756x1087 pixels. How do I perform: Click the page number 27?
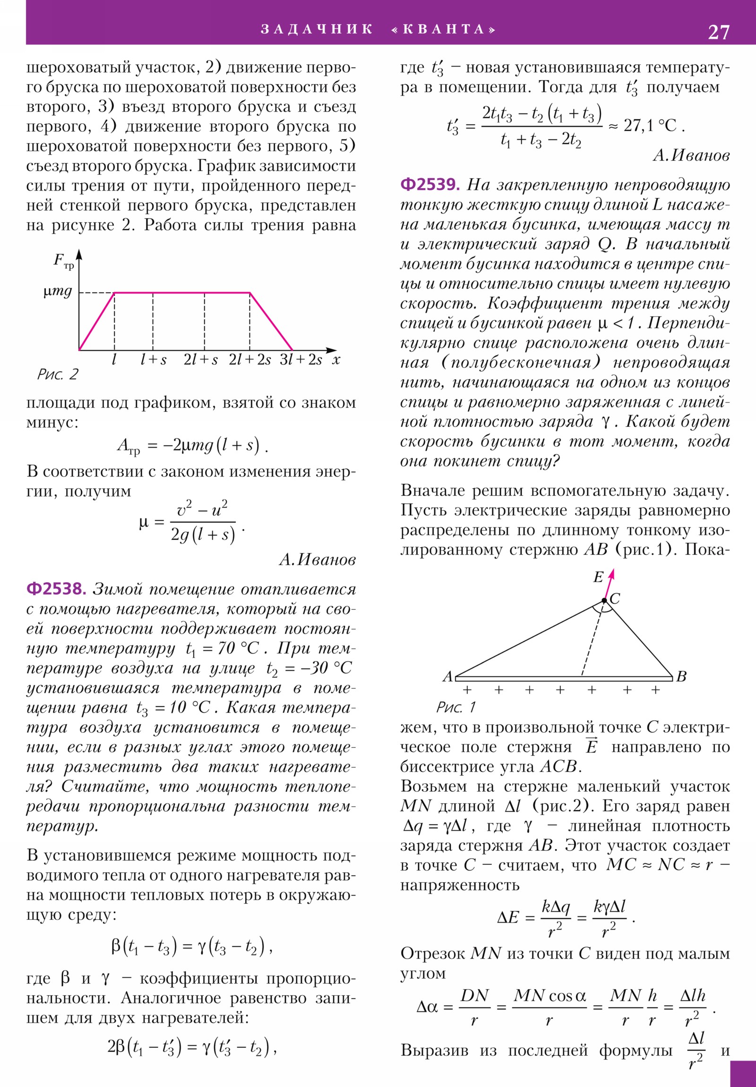[718, 32]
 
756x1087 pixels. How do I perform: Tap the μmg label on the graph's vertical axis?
[58, 291]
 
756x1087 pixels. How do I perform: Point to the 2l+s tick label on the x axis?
[201, 360]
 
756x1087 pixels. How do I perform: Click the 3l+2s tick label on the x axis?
[301, 360]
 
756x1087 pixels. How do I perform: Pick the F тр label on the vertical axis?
[63, 260]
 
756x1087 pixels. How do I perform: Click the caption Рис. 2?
[58, 374]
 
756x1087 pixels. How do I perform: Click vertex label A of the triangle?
[447, 676]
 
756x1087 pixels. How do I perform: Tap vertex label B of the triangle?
[681, 676]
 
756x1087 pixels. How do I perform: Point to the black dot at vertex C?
[604, 600]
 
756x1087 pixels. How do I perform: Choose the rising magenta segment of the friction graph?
[97, 321]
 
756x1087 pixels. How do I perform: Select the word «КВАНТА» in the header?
[444, 29]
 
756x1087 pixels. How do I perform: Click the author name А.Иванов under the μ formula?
[317, 560]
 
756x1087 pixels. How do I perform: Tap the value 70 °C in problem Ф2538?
[238, 648]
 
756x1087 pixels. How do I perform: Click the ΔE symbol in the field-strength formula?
[508, 917]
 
